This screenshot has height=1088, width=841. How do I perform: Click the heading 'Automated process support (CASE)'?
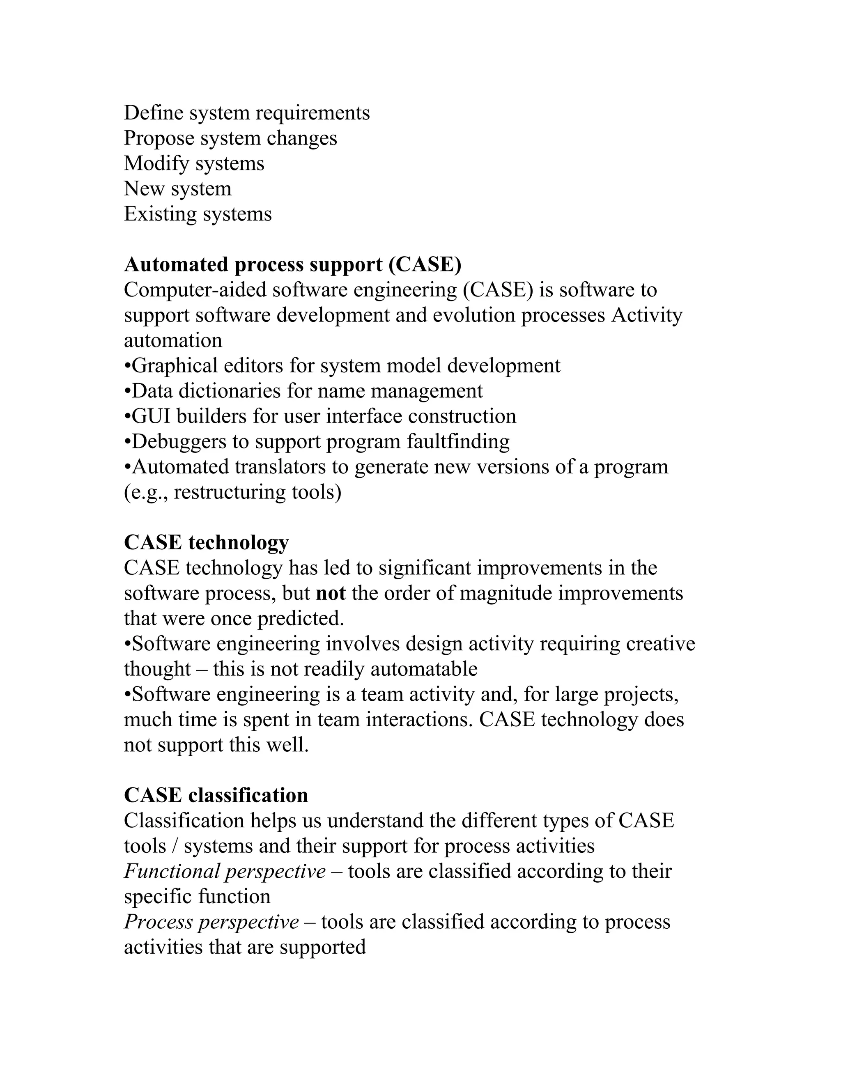tap(292, 264)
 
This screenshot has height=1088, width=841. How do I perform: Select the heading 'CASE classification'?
tap(216, 795)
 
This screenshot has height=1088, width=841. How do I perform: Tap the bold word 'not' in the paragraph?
tap(331, 593)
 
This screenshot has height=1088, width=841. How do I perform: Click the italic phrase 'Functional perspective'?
tap(225, 871)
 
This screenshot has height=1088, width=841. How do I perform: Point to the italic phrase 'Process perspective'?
tap(211, 922)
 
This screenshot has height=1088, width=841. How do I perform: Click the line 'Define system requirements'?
tap(247, 112)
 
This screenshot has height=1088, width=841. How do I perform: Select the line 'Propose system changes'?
tap(230, 138)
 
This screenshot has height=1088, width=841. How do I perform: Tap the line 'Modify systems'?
tap(194, 163)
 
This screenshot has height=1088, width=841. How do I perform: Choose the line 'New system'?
tap(177, 189)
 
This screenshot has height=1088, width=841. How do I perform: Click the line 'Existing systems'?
tap(198, 214)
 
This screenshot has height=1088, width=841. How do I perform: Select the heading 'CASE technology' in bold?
tap(206, 542)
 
